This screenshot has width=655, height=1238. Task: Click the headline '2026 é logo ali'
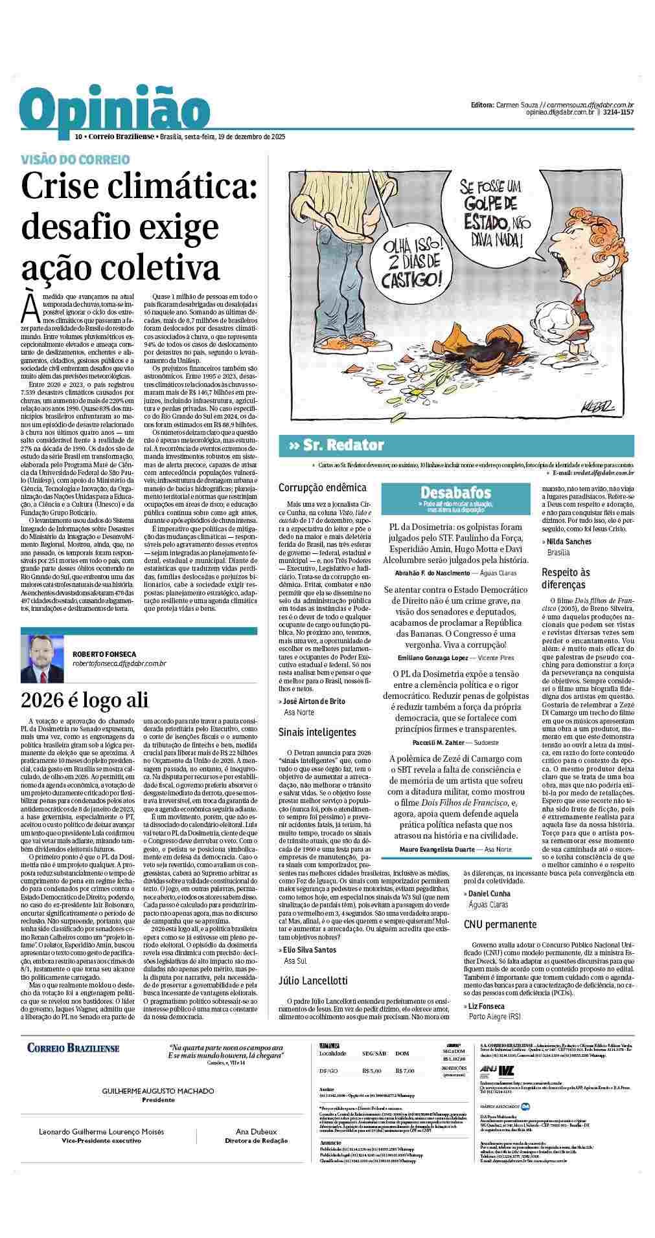84,700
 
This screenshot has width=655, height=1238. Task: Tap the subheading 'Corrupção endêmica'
322,487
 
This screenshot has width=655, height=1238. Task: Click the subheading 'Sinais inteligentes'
317,732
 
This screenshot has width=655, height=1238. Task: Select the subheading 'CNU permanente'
500,924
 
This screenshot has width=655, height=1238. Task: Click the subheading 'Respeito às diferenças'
566,578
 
